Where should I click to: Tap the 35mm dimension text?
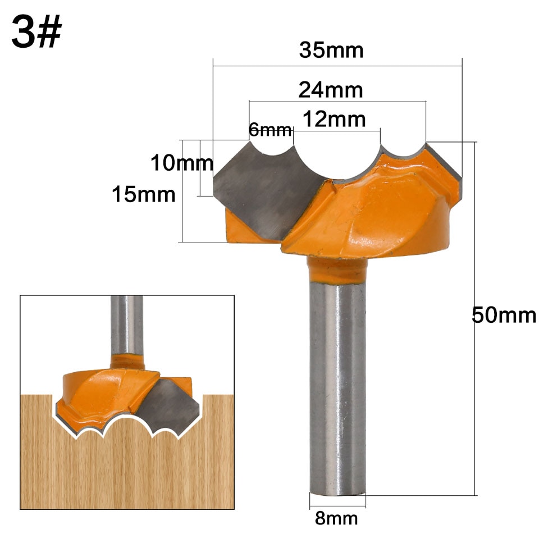click(331, 51)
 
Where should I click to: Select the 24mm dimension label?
click(331, 89)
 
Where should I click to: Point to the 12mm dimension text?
click(334, 119)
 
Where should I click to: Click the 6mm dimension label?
click(270, 131)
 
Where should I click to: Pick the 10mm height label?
click(181, 163)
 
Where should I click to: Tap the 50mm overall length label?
click(504, 316)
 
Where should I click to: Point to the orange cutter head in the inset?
click(101, 393)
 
